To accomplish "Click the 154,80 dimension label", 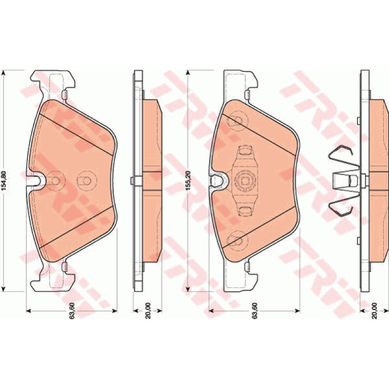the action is tap(4, 180).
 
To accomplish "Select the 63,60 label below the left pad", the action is tap(72, 311).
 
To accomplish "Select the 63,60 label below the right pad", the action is tap(255, 311).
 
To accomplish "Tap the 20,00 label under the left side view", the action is tap(148, 311).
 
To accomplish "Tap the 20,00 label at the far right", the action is tap(374, 311).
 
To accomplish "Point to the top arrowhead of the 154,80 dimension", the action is tap(3, 72).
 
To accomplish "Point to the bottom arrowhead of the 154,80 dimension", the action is tap(3, 289).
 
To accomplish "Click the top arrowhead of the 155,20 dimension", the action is tap(188, 72).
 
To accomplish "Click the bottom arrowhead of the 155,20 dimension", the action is tap(188, 289).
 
